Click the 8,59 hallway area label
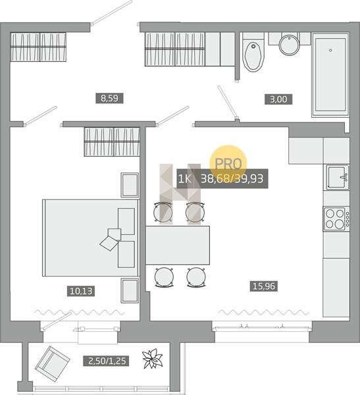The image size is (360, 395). pyautogui.click(x=109, y=98)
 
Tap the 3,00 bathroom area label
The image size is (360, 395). pyautogui.click(x=278, y=99)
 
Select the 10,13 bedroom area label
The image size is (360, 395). pyautogui.click(x=81, y=291)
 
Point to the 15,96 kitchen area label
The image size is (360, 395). pyautogui.click(x=264, y=286)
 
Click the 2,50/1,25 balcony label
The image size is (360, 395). pyautogui.click(x=107, y=361)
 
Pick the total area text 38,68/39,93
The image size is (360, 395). pyautogui.click(x=232, y=178)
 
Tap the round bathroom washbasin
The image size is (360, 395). pyautogui.click(x=290, y=45)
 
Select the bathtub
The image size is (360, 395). pyautogui.click(x=330, y=75)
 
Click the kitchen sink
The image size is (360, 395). pyautogui.click(x=338, y=177)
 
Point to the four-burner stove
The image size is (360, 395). pyautogui.click(x=336, y=219)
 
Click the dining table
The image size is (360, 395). pyautogui.click(x=178, y=245)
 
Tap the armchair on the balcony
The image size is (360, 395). pyautogui.click(x=52, y=361)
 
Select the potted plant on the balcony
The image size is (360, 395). pyautogui.click(x=152, y=359)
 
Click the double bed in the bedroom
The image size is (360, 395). pyautogui.click(x=90, y=238)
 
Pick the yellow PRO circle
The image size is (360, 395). pyautogui.click(x=228, y=163)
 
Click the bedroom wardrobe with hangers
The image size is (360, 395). pyautogui.click(x=112, y=142)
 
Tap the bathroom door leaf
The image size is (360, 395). pyautogui.click(x=228, y=103)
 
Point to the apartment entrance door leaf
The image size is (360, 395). pyautogui.click(x=112, y=12)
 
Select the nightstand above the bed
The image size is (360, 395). pyautogui.click(x=130, y=185)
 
